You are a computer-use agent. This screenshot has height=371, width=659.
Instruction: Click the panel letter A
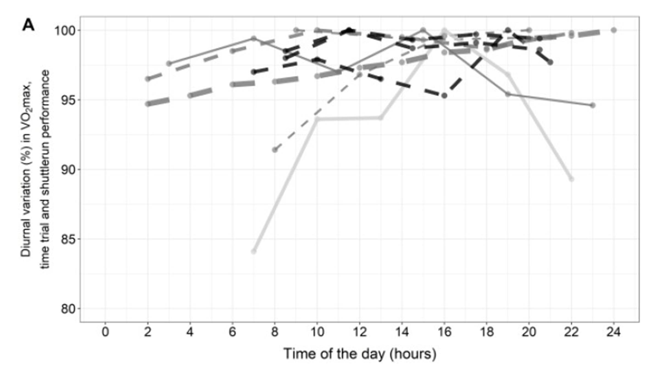29,25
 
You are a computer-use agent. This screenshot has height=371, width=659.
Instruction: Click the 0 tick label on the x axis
105,332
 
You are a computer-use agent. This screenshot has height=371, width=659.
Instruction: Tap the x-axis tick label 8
275,332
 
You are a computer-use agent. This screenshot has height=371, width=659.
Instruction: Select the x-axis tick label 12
359,332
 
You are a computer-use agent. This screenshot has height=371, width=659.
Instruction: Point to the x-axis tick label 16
444,332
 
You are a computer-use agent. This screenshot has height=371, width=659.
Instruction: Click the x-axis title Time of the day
360,353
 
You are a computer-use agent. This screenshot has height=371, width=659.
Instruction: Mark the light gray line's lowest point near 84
254,251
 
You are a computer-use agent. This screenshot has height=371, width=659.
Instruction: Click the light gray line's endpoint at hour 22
571,179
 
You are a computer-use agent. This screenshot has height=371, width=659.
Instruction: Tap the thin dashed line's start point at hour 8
275,150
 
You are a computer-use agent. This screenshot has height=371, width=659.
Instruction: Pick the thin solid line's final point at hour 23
593,105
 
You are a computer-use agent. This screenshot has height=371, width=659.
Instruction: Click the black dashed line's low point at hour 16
444,96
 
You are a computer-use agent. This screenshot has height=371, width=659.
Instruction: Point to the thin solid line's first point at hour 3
169,64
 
